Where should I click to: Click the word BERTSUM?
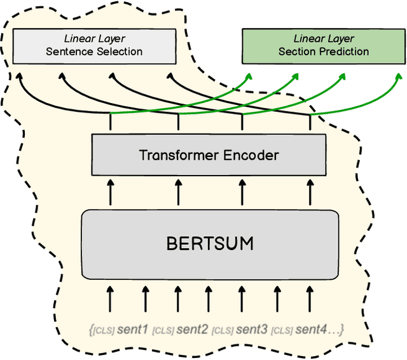coord(209,244)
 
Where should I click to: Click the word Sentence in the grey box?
coord(69,52)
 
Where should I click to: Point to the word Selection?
coord(118,52)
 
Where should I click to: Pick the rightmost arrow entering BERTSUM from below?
coord(310,296)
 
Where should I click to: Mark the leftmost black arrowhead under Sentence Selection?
coord(20,77)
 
